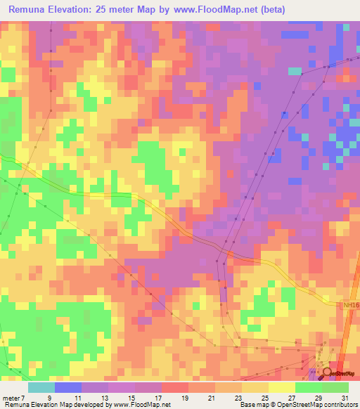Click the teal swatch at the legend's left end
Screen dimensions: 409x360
41,387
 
